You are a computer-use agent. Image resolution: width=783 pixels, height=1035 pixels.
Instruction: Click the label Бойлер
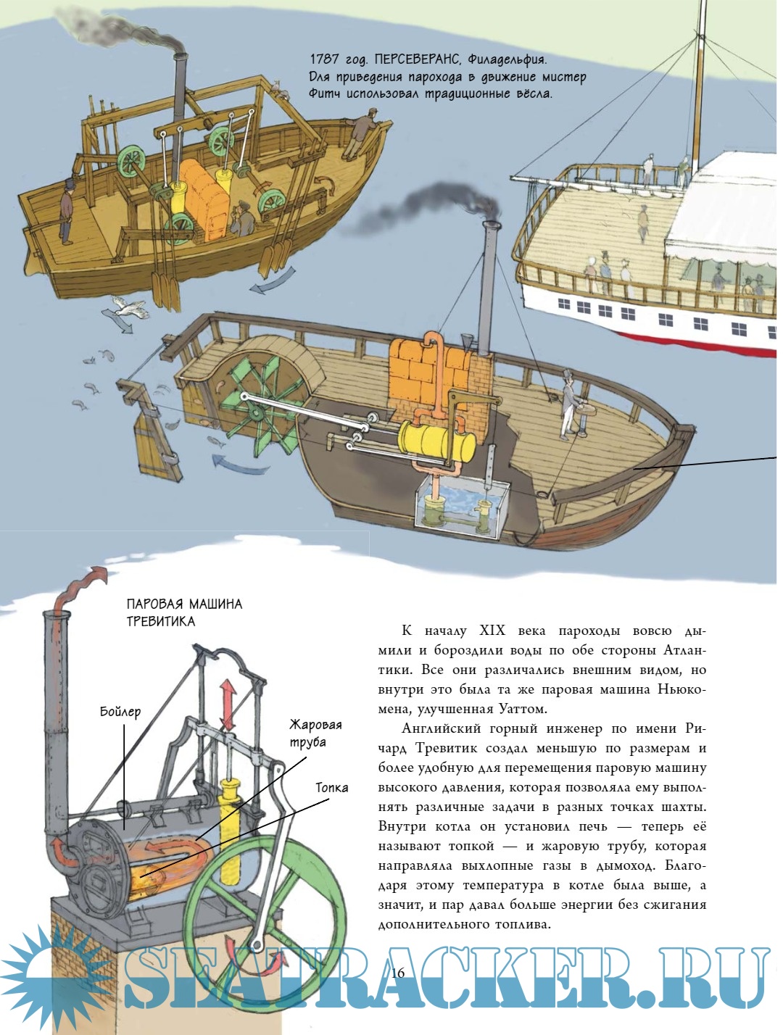coord(120,712)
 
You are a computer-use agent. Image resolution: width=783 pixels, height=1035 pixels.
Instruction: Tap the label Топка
coord(331,787)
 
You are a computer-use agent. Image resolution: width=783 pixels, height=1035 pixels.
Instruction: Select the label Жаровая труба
coord(315,733)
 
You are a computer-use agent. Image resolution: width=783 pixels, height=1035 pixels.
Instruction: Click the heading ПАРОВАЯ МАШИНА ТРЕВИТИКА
coord(184,612)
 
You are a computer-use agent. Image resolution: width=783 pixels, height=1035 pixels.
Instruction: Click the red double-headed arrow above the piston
coord(228,704)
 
